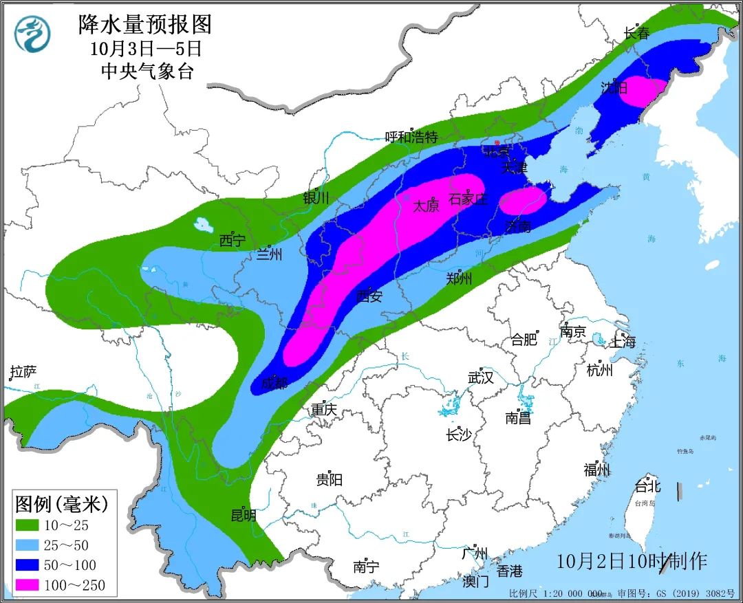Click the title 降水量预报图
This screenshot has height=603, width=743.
tap(144, 25)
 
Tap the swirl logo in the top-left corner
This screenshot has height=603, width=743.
tap(32, 34)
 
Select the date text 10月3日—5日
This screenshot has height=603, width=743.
tap(145, 48)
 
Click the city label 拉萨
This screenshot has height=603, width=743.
tap(23, 373)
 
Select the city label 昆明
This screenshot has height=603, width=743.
tap(244, 515)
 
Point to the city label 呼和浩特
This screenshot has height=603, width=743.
tap(411, 136)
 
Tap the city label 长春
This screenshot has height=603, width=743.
tap(636, 32)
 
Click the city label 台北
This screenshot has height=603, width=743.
tap(647, 487)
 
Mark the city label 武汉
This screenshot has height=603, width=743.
tap(481, 377)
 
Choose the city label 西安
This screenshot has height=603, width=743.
tap(369, 296)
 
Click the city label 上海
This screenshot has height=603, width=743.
tap(623, 342)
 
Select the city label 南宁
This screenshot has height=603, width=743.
tap(366, 567)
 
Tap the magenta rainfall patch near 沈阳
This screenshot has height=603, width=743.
tap(644, 91)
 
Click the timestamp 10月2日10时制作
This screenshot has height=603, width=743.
tap(632, 560)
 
